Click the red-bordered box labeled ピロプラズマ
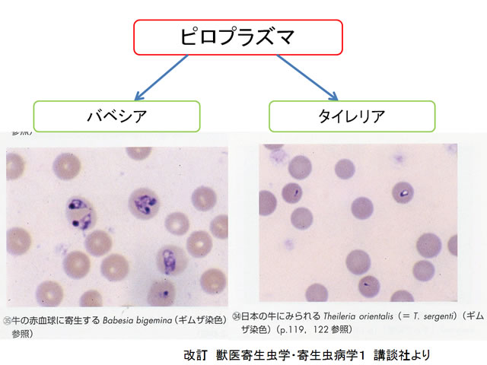[238, 37]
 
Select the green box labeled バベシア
[116, 116]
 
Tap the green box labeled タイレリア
[352, 116]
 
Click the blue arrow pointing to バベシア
[161, 78]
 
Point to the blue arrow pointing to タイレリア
[307, 78]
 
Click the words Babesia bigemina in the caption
[137, 320]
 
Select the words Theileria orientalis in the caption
[358, 316]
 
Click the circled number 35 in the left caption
[7, 321]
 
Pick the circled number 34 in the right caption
[237, 316]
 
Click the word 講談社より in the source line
[402, 355]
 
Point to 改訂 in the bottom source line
[195, 355]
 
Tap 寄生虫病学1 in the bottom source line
[330, 355]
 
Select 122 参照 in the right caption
[330, 329]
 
